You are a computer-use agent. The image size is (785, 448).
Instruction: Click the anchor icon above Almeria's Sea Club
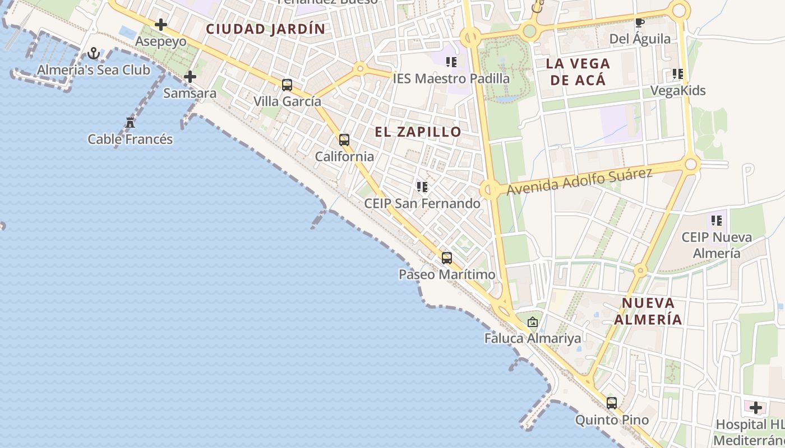pyautogui.click(x=94, y=53)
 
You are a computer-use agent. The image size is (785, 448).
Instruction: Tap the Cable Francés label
pyautogui.click(x=130, y=139)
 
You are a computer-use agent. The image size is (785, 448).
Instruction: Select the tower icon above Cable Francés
pyautogui.click(x=130, y=122)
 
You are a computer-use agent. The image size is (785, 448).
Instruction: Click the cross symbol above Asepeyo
pyautogui.click(x=161, y=25)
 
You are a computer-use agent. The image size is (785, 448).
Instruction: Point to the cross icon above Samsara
pyautogui.click(x=190, y=76)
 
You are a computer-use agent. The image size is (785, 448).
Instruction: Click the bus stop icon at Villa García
pyautogui.click(x=287, y=85)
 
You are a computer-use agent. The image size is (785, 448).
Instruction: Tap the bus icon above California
pyautogui.click(x=344, y=140)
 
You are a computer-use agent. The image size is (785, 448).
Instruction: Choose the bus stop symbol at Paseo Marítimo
pyautogui.click(x=447, y=258)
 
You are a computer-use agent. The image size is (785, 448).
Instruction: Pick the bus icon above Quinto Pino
pyautogui.click(x=612, y=403)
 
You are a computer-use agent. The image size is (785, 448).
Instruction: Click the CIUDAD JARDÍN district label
pyautogui.click(x=265, y=29)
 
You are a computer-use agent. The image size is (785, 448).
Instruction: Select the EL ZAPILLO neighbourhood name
pyautogui.click(x=418, y=132)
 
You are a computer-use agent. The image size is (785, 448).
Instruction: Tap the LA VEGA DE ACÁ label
pyautogui.click(x=578, y=72)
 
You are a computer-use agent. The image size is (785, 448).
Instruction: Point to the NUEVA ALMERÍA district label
pyautogui.click(x=648, y=311)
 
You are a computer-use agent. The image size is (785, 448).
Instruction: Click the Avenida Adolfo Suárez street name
pyautogui.click(x=580, y=181)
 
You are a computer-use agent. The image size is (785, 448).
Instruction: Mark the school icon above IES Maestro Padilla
pyautogui.click(x=451, y=62)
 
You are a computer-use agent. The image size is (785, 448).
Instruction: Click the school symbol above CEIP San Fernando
pyautogui.click(x=422, y=186)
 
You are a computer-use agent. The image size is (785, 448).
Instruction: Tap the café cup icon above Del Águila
pyautogui.click(x=639, y=23)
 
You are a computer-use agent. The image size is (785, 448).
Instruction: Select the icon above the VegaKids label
pyautogui.click(x=677, y=74)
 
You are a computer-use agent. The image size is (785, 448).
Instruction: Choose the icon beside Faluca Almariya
pyautogui.click(x=533, y=322)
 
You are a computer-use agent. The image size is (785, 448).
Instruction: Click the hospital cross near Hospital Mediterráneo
pyautogui.click(x=756, y=407)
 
